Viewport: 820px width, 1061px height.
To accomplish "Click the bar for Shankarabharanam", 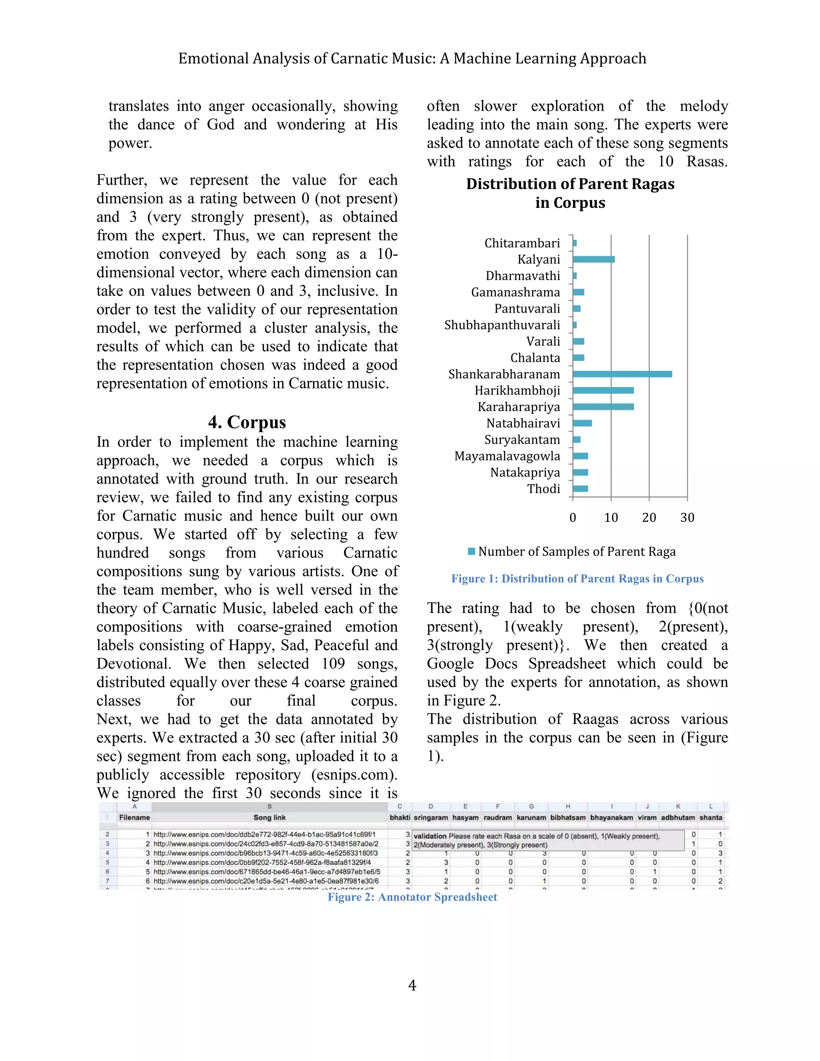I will tap(622, 374).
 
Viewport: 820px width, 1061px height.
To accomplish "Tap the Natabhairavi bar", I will tap(582, 423).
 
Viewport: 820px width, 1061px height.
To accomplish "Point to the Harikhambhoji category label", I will tap(517, 391).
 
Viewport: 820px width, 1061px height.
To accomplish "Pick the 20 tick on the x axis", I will tap(649, 518).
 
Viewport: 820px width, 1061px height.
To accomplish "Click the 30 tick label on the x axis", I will tap(687, 518).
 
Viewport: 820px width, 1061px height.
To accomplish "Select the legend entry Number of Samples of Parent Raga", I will tap(576, 552).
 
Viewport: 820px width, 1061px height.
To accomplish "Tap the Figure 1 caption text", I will tap(577, 579).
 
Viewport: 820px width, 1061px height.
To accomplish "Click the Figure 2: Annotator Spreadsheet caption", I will tap(412, 897).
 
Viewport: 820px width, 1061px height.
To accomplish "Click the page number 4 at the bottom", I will tap(412, 985).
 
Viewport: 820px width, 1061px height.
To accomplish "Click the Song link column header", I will tap(269, 818).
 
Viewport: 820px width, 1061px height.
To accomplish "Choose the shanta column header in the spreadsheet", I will tap(710, 818).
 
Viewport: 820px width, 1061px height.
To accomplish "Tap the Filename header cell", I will tap(134, 818).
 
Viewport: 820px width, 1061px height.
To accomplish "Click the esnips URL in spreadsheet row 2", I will tap(264, 835).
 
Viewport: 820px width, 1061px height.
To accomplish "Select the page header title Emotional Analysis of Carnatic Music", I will tap(412, 59).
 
